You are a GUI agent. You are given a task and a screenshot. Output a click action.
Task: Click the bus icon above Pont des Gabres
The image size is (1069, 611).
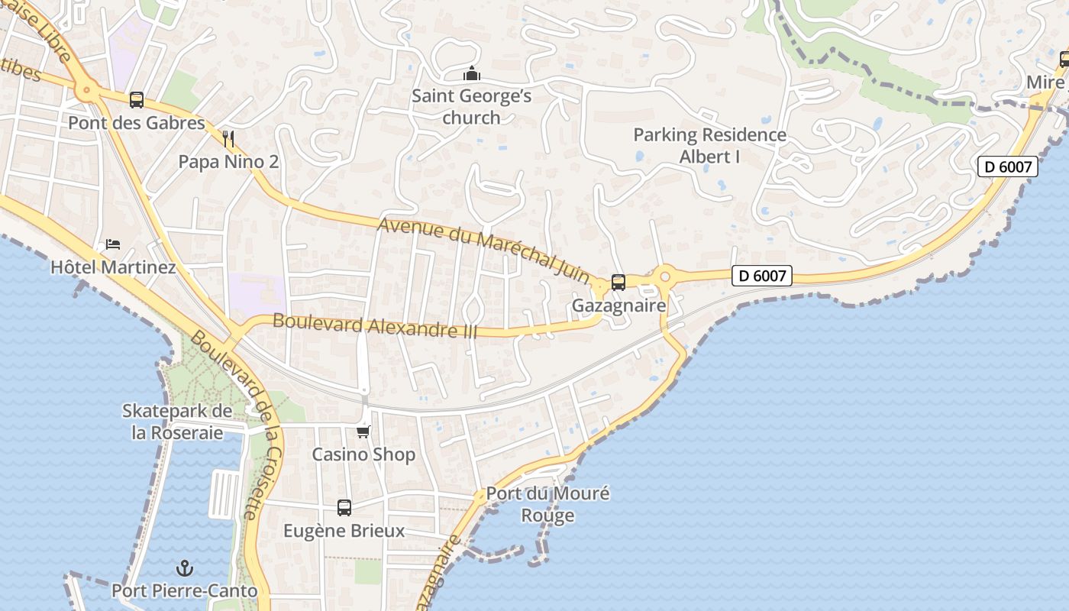137,99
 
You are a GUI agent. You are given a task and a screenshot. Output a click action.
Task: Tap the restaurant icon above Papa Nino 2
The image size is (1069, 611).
228,138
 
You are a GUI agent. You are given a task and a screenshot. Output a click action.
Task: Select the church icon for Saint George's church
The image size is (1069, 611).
473,74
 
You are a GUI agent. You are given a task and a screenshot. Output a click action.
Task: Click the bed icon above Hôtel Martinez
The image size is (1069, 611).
113,244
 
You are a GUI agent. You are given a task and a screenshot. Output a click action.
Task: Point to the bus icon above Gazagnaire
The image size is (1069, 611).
618,283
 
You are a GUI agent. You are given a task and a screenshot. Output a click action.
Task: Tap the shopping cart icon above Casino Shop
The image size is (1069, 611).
363,432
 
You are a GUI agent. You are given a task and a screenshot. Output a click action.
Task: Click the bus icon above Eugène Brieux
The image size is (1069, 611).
344,507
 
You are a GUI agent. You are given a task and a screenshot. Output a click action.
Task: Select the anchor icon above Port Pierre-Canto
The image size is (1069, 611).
184,567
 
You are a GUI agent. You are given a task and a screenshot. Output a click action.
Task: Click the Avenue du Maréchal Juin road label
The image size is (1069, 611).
485,247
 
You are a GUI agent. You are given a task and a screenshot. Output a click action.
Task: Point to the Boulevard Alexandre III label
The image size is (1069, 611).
375,325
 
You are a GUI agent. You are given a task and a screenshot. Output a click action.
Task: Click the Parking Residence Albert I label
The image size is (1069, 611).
709,146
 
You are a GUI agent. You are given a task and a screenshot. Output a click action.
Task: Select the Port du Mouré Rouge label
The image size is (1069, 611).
547,504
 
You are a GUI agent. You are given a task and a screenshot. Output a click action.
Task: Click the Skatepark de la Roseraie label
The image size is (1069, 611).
177,422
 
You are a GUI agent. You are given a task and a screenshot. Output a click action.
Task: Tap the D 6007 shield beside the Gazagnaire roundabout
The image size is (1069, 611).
761,276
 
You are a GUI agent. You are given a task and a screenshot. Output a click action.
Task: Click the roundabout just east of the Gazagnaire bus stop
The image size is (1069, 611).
665,276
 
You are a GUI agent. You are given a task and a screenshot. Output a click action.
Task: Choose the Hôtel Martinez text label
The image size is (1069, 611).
113,267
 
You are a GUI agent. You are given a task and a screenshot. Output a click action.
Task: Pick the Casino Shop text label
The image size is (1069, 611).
363,454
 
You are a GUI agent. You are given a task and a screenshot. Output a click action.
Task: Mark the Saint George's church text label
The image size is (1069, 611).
472,107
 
